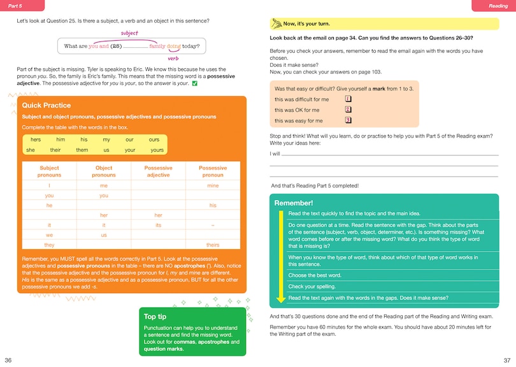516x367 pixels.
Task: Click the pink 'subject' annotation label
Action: (x=129, y=33)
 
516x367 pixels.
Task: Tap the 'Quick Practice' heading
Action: (x=47, y=106)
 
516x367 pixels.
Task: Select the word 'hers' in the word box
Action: (x=36, y=140)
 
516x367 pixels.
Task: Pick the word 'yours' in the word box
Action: (x=157, y=150)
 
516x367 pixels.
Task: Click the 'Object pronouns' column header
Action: (x=104, y=171)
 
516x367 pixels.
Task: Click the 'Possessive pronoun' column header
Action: (x=213, y=171)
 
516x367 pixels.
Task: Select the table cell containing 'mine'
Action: (x=213, y=185)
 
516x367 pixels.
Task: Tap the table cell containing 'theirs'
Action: (x=213, y=245)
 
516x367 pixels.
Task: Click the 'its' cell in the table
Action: (x=158, y=225)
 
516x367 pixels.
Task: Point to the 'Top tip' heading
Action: (x=155, y=317)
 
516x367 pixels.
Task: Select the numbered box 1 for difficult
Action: (x=348, y=99)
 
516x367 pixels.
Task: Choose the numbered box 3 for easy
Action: (x=348, y=120)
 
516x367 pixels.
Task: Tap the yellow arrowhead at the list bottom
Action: (x=280, y=299)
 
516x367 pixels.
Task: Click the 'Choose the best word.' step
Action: (x=315, y=275)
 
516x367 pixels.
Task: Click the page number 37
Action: (x=507, y=361)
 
